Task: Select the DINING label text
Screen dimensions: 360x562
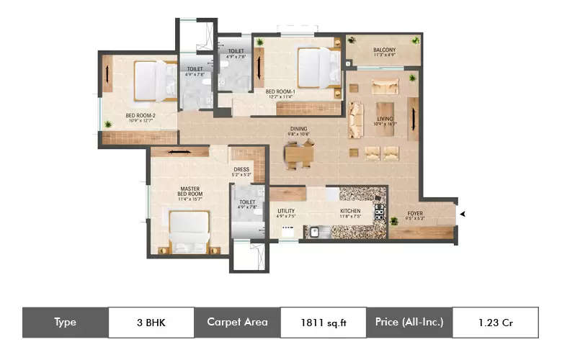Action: click(298, 130)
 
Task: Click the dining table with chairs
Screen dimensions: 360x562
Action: click(299, 153)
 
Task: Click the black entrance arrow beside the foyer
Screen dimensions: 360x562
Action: click(463, 214)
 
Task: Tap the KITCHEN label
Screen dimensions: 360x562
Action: click(350, 212)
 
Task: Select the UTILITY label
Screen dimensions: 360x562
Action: click(286, 212)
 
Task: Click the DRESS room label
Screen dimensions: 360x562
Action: click(241, 171)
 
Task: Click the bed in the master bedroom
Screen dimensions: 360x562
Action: click(189, 232)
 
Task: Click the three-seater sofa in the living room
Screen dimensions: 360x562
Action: click(355, 120)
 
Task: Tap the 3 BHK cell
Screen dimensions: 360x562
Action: click(151, 323)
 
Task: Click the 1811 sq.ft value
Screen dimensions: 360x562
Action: click(324, 323)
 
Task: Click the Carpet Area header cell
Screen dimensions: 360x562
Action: click(237, 323)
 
